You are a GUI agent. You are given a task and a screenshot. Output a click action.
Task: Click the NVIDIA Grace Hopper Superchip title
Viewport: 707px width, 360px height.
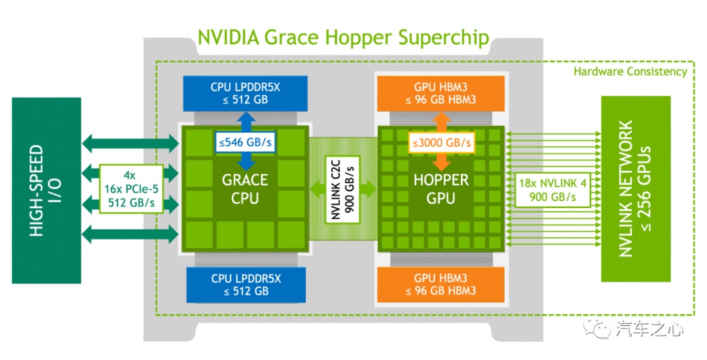(343, 37)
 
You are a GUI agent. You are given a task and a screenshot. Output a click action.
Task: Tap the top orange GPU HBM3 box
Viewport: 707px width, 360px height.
(440, 93)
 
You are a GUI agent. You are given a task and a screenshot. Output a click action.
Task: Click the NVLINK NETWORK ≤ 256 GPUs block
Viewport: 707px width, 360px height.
(635, 190)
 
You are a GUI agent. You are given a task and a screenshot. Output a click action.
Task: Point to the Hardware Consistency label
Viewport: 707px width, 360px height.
(630, 71)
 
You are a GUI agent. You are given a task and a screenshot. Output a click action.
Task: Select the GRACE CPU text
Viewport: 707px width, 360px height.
(245, 189)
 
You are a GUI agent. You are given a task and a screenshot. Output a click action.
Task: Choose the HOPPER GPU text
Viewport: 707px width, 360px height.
(441, 189)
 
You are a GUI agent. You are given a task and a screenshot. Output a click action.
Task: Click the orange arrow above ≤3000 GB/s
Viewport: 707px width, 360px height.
(441, 122)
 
